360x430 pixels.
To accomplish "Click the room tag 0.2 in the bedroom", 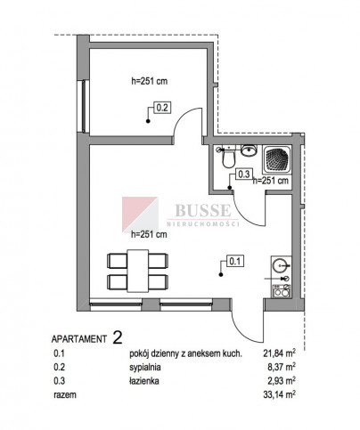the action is tap(162, 108).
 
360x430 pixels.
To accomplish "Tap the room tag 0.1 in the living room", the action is tap(235, 261).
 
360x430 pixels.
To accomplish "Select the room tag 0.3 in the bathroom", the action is tap(244, 174).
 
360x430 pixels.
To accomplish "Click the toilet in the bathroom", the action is tap(228, 158).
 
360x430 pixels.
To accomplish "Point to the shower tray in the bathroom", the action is tap(277, 159).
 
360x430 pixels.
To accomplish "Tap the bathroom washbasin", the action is tap(249, 150).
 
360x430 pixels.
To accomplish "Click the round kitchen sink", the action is tap(280, 265).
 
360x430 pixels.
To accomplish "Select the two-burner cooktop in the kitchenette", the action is tap(282, 291).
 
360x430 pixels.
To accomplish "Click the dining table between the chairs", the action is tap(138, 271).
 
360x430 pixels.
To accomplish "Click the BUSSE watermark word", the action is tap(203, 210).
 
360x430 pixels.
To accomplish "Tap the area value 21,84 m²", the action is tap(279, 353).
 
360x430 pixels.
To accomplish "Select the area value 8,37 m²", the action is tap(282, 367).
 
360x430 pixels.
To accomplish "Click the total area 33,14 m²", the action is tap(279, 394).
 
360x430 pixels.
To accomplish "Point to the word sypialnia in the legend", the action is tap(145, 368).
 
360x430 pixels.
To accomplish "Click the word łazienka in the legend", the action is tap(144, 381).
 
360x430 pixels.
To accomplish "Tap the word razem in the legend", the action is tap(65, 395).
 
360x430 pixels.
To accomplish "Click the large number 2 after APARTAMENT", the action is tap(118, 337).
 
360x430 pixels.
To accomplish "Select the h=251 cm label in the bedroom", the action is tap(150, 81).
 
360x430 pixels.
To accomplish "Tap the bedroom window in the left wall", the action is tap(84, 106).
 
